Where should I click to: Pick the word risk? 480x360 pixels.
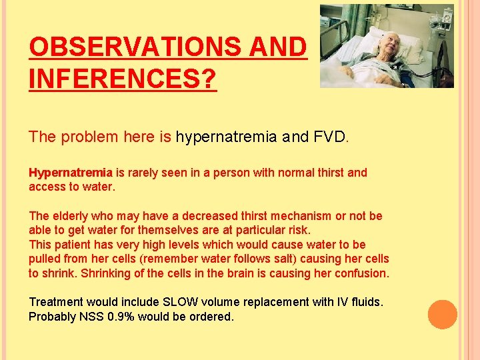[x=297, y=230]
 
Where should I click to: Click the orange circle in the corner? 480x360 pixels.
[x=443, y=315]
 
